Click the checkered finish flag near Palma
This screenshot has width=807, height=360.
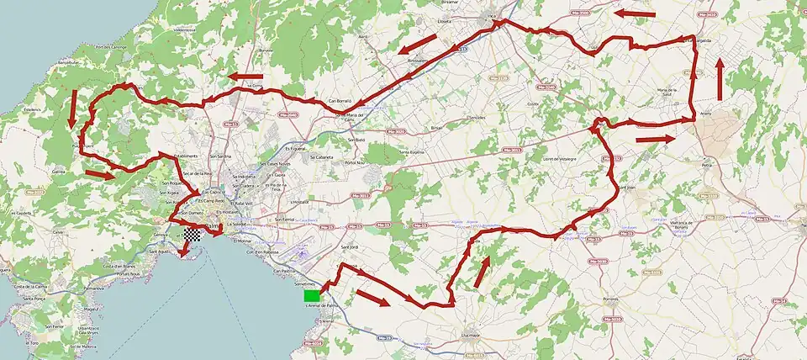[193, 236]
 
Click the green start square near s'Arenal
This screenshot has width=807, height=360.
[311, 294]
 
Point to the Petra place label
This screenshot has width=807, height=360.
[708, 166]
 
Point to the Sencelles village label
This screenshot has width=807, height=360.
[478, 117]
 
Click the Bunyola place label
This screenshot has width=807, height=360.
[266, 50]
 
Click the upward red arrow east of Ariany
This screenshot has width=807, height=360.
[720, 80]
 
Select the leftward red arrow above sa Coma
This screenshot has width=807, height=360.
[245, 76]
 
